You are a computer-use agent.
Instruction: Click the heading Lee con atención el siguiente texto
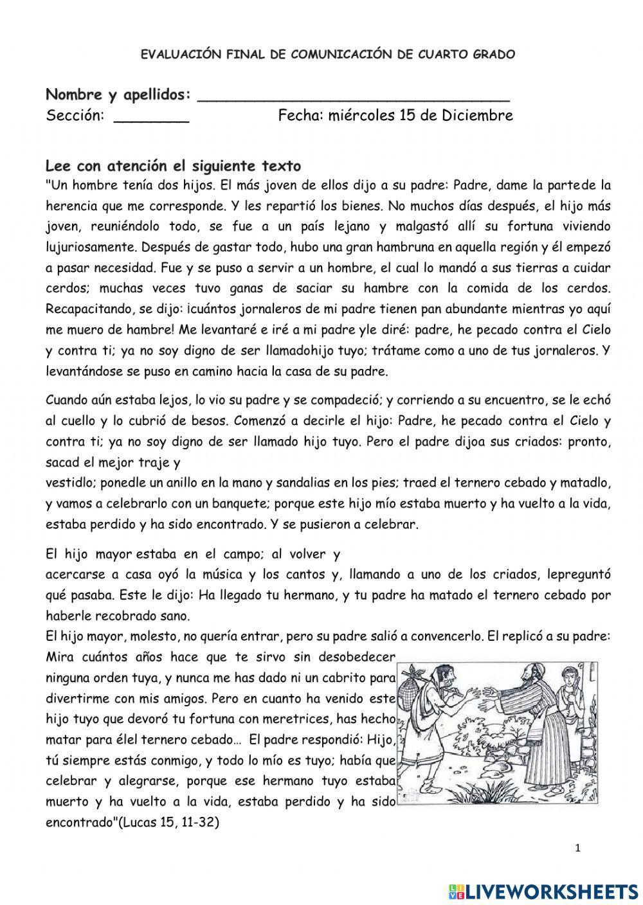[x=174, y=166]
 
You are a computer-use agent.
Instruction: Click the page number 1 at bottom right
[x=578, y=848]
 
